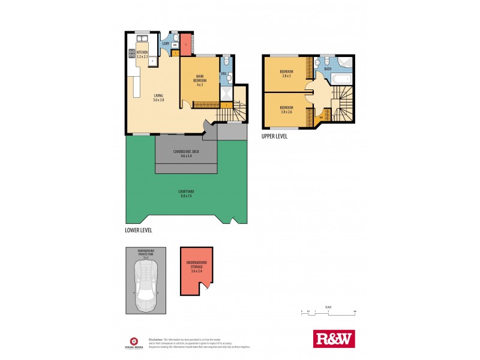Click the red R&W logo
coord(335,338)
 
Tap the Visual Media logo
coord(133,341)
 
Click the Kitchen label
coord(142,55)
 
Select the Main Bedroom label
coord(200,79)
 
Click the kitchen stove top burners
coord(131,53)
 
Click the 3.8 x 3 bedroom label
coord(286,74)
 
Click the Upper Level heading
coord(275,136)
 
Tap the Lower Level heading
coord(139,230)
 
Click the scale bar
coord(328,312)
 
